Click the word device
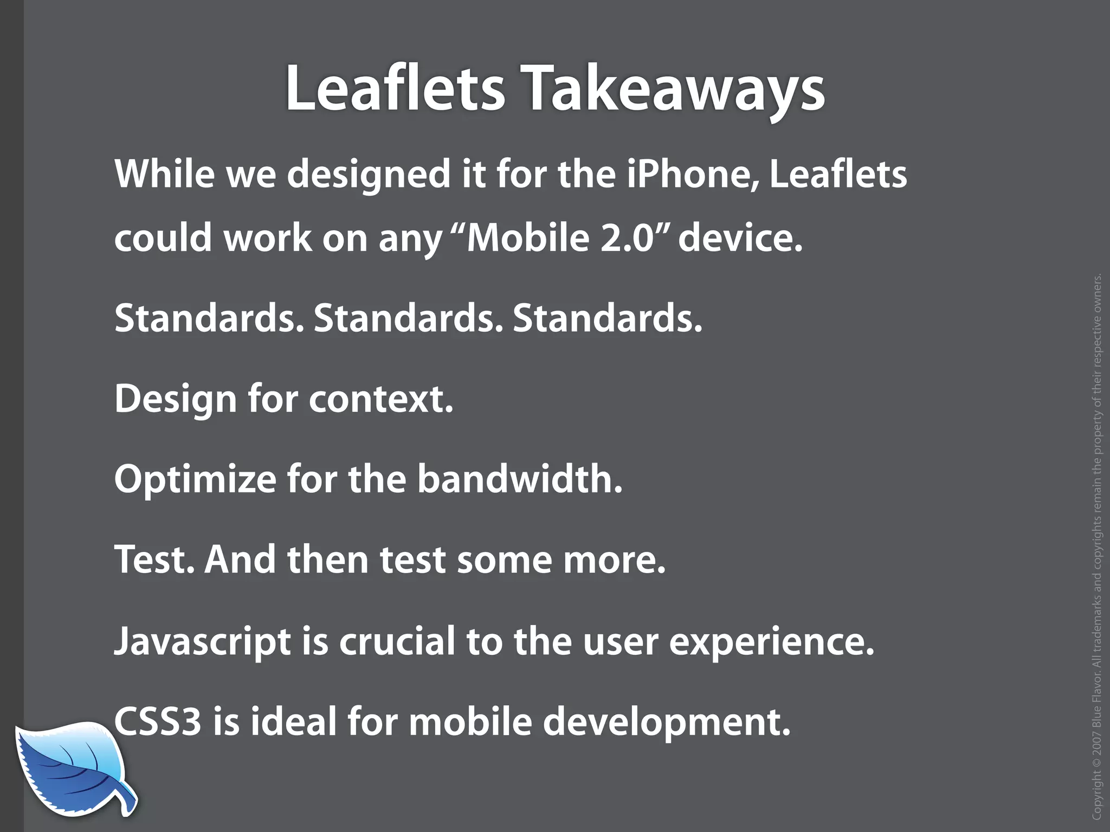739,238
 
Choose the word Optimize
195,480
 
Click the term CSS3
158,722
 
